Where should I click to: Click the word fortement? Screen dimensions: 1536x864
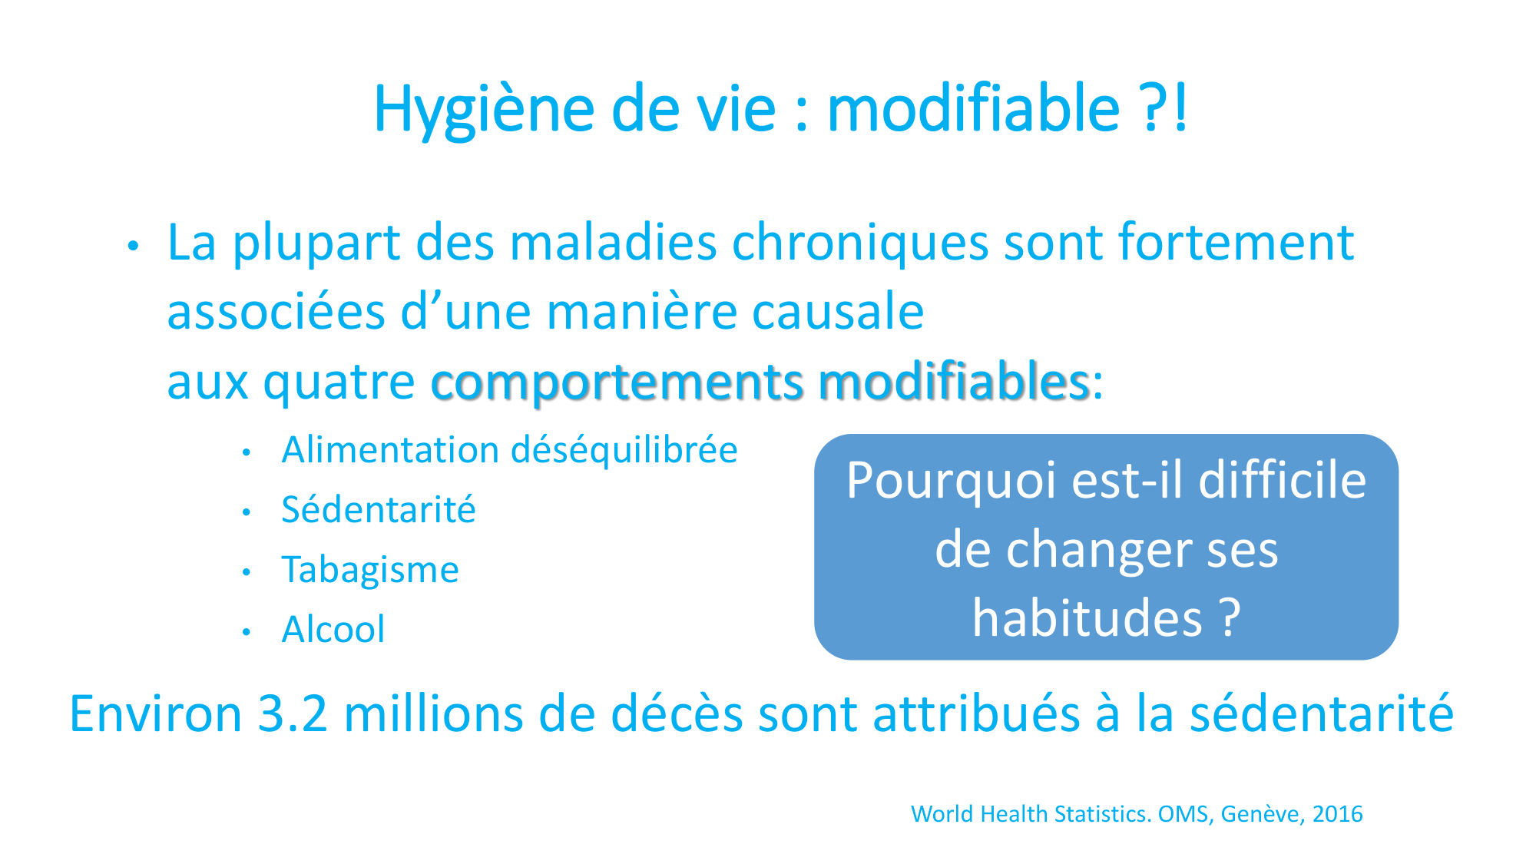tap(1236, 242)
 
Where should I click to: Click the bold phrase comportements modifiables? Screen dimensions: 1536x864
tap(760, 382)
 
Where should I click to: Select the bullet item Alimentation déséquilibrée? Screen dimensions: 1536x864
tap(510, 450)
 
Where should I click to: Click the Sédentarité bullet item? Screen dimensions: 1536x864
tap(379, 510)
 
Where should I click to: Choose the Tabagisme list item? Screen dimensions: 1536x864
tap(370, 570)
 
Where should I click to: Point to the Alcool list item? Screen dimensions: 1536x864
tap(333, 630)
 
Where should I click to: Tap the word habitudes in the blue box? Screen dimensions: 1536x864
tap(1087, 618)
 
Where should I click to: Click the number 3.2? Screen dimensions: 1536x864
tap(293, 713)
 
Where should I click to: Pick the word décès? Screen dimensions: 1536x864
tap(677, 713)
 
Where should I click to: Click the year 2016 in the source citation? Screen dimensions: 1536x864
tap(1338, 814)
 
